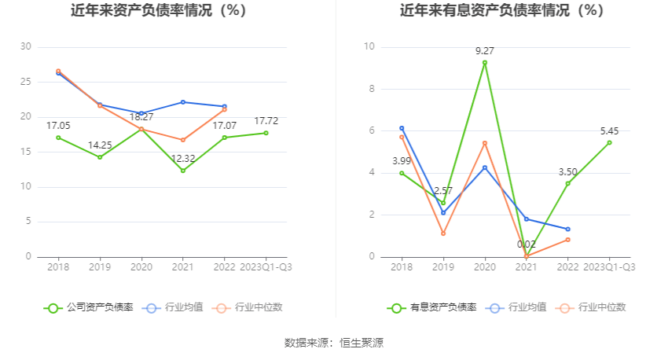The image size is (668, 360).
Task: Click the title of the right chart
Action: click(x=501, y=11)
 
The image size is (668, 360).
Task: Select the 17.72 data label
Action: click(x=266, y=121)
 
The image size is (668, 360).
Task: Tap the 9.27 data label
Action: click(x=485, y=51)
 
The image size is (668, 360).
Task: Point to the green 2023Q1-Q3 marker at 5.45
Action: click(x=609, y=142)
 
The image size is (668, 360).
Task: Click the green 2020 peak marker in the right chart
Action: click(x=485, y=62)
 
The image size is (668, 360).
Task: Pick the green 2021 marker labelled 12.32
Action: click(x=183, y=171)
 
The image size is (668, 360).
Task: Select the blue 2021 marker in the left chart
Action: click(x=183, y=102)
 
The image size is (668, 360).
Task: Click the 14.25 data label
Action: click(x=100, y=145)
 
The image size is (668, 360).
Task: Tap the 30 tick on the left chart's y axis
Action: click(x=26, y=47)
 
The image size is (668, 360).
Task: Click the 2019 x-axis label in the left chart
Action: click(x=100, y=267)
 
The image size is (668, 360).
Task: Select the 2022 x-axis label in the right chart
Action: click(x=567, y=267)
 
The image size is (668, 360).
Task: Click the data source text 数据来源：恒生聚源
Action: click(x=334, y=343)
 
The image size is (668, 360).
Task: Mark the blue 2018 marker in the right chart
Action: click(x=402, y=128)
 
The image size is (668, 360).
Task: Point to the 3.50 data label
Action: click(x=567, y=172)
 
